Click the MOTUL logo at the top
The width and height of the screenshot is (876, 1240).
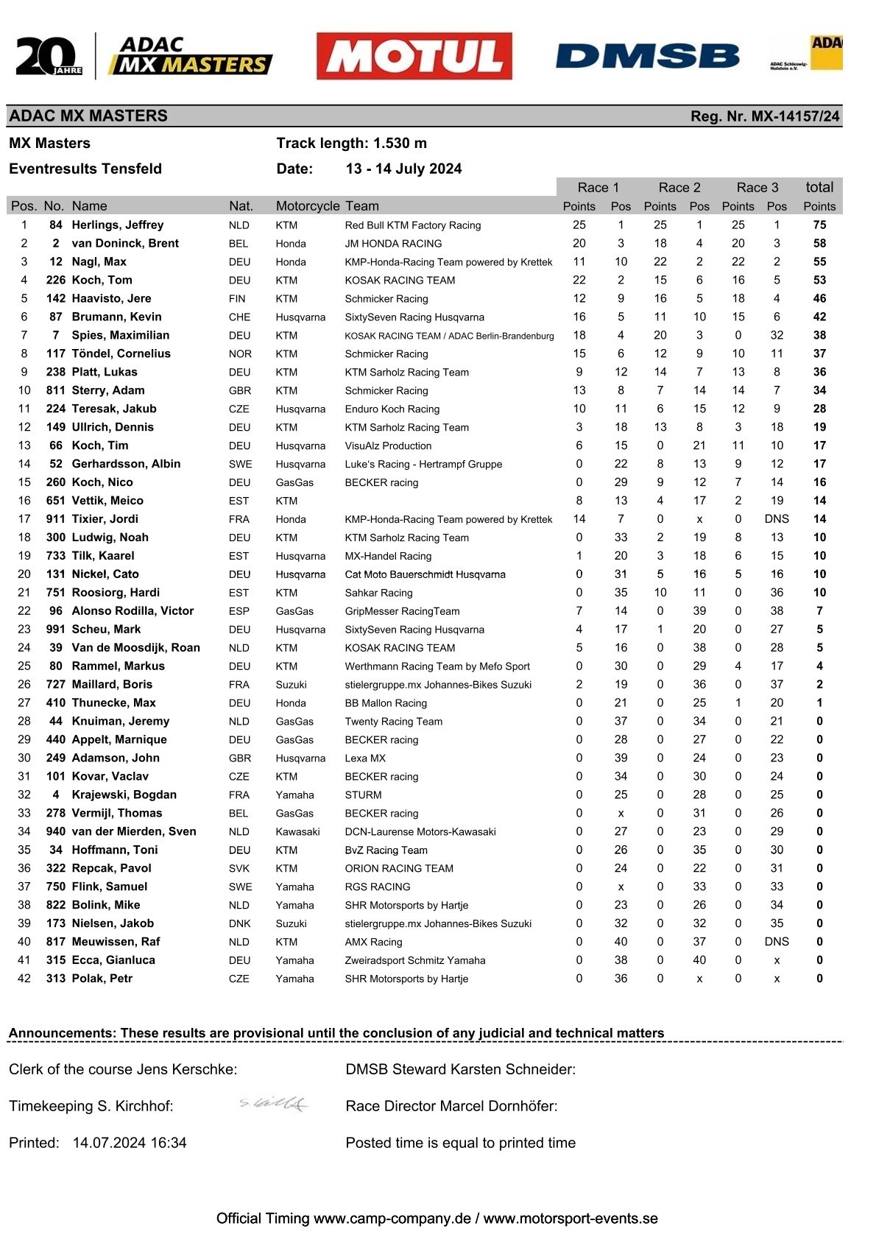coord(414,56)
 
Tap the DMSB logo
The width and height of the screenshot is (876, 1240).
coord(647,56)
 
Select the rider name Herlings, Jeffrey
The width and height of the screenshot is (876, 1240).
coord(117,225)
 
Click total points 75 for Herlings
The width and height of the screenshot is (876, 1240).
coord(819,225)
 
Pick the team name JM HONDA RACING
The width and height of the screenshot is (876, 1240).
coord(393,244)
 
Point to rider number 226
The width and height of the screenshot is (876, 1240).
coord(55,281)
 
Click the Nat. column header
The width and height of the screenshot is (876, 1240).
coord(241,206)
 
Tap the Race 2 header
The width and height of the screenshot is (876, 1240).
coord(679,188)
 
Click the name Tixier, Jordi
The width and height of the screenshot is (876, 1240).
coord(105,519)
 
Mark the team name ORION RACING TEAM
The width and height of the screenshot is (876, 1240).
coord(399,868)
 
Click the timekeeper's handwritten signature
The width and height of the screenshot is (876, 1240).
coord(274,1103)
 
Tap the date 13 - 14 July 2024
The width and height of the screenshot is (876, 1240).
coord(403,169)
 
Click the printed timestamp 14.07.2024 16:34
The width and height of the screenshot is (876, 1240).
coord(130,1143)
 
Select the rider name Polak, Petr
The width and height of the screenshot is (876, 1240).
coord(102,979)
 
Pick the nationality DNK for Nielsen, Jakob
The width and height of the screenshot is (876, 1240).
coord(239,923)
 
